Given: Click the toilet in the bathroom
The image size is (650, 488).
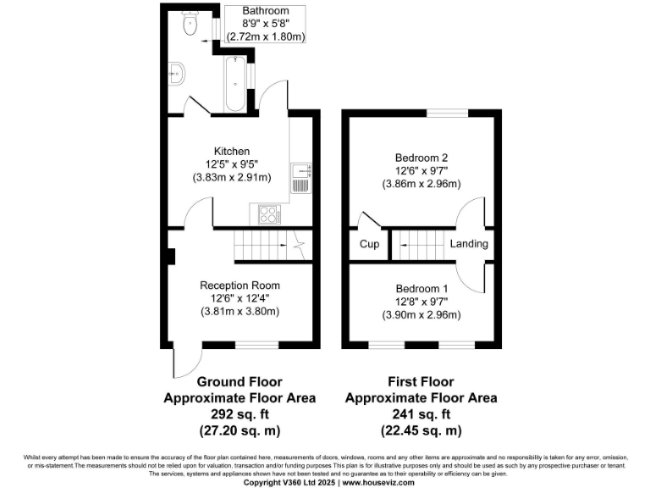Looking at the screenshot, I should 190,25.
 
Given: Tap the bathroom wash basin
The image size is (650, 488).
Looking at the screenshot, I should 177,74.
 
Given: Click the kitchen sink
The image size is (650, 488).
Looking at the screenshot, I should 300,178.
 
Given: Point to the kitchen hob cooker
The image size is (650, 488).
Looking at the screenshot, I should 267,213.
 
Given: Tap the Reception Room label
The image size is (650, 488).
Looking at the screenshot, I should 240,286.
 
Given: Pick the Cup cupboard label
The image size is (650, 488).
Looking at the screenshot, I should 369,244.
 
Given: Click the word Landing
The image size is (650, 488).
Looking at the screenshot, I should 469,244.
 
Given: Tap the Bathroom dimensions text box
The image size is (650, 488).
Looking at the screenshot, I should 265,24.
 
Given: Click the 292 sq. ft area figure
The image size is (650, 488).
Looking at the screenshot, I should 240,413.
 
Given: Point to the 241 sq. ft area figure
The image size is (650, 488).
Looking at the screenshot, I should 421,413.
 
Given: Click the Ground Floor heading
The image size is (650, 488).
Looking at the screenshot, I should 240,382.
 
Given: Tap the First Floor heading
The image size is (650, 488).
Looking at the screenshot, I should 421,382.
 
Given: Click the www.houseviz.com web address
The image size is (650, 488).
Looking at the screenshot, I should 378,482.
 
